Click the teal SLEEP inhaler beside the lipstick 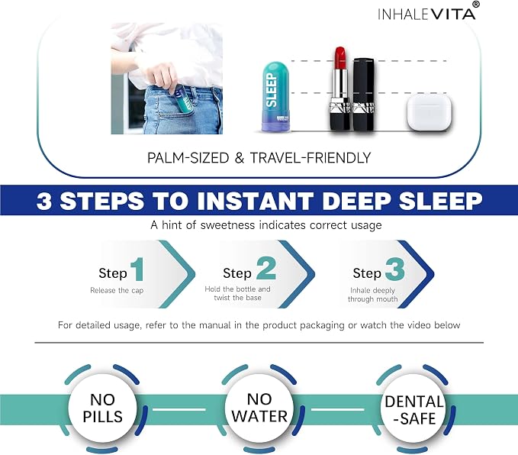[275, 96]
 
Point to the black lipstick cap [363, 94]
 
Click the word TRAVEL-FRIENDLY [310, 158]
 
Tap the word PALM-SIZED [188, 158]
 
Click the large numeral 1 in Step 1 [137, 269]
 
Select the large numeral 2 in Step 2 [266, 268]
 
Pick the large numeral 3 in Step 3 [394, 269]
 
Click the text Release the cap [117, 290]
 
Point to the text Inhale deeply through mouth [372, 295]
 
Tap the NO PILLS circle [103, 408]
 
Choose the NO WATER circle [259, 408]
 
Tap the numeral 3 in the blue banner [44, 200]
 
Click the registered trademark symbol [476, 5]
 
